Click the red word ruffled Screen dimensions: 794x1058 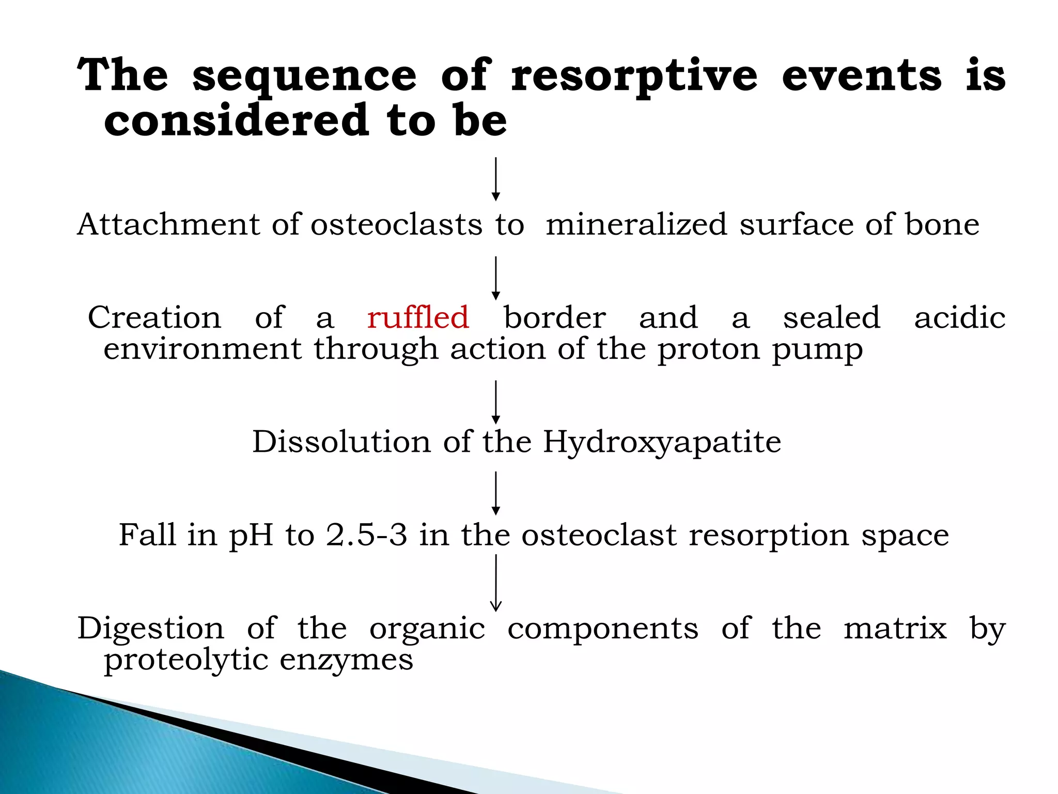[x=418, y=317]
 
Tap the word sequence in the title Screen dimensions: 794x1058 [x=304, y=77]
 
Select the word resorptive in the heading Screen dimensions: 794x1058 [x=634, y=77]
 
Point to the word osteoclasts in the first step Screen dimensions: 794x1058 [x=396, y=224]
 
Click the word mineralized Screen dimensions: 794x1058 [x=636, y=224]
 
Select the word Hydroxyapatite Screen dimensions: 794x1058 [x=662, y=442]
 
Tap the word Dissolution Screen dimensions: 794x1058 [x=341, y=442]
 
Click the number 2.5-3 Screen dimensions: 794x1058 [x=366, y=535]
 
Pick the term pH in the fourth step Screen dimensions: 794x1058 [x=251, y=536]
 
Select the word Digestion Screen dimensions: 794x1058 [x=151, y=629]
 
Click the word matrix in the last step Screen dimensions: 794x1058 [x=895, y=629]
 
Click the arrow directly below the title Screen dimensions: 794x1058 [x=495, y=179]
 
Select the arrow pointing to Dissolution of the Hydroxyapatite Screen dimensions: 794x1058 [x=495, y=402]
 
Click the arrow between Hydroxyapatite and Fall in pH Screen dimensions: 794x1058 [x=495, y=493]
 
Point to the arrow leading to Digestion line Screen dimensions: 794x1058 [x=495, y=583]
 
